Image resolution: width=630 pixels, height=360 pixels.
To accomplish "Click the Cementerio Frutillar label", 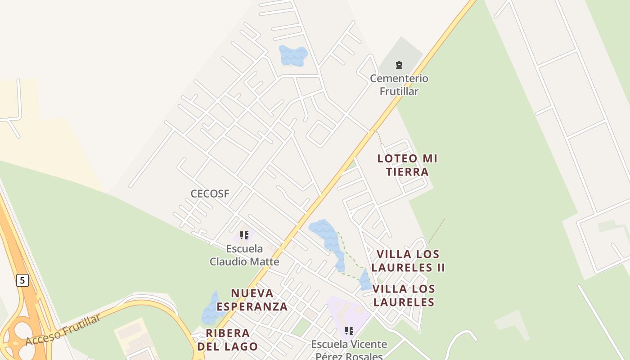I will coord(399,85).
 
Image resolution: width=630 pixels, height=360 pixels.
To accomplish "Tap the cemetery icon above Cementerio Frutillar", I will coord(399,65).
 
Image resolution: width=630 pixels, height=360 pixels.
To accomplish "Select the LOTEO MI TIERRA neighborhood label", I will coord(407,165).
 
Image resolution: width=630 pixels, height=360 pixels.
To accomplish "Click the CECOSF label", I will coord(210,194).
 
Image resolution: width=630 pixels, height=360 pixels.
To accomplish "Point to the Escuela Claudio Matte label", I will coord(244,255).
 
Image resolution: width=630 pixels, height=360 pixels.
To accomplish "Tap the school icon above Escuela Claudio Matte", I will coord(244,235).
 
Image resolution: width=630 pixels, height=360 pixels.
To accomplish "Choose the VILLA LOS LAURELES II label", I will coord(408,261).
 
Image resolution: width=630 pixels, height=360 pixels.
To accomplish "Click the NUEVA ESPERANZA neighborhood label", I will coord(252,300).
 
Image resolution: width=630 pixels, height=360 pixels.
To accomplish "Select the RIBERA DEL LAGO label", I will coord(228,340).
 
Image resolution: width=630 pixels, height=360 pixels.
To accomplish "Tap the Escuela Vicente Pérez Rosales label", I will coord(349,350).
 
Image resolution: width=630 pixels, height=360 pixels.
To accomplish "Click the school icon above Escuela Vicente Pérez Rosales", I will coord(349,331).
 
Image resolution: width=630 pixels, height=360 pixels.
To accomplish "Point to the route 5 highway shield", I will coord(22,280).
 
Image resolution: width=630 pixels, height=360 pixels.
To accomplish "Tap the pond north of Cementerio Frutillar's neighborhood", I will coord(293,55).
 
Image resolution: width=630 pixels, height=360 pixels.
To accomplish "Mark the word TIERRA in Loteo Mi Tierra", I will coord(407,171).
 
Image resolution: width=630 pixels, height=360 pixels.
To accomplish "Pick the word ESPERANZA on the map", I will coord(252,306).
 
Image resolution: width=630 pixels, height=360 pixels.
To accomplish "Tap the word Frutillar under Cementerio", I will coord(399,91).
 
